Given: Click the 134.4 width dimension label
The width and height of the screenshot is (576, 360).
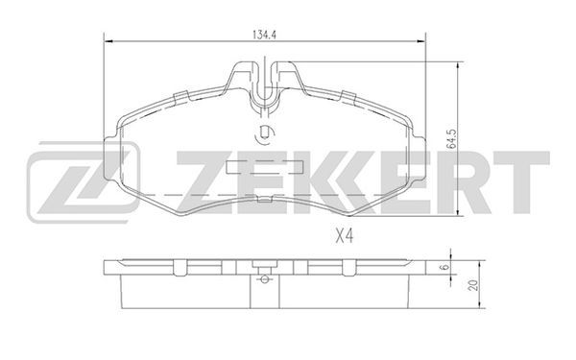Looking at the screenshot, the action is point(264,35).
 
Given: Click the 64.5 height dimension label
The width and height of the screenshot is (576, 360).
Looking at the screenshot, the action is point(451,138).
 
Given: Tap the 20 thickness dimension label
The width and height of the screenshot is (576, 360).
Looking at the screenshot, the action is point(474,285).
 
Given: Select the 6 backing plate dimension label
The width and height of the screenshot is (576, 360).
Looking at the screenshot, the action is point(444,267).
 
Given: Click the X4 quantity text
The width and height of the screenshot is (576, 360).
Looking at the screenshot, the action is point(345,236).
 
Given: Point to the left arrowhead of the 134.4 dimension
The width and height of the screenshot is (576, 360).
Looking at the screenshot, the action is point(108,41).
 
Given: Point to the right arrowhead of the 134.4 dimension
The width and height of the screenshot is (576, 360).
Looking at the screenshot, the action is point(421,41).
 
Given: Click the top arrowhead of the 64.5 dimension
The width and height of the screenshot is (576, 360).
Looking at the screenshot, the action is point(457,66).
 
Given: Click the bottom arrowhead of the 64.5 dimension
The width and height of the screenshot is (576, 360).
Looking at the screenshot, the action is point(457,211).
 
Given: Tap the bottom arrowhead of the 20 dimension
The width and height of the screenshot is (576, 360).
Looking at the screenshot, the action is point(479,303).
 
